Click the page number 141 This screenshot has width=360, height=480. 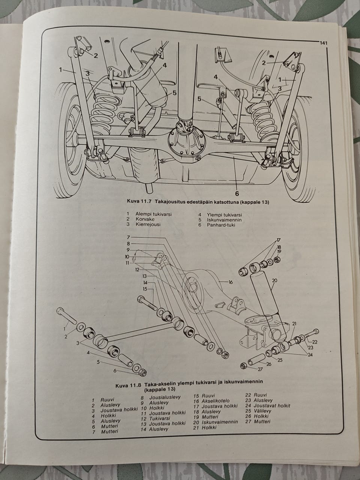[x=324, y=43]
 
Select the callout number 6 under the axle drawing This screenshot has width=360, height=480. [x=237, y=193]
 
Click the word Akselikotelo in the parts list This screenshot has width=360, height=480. [x=216, y=401]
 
